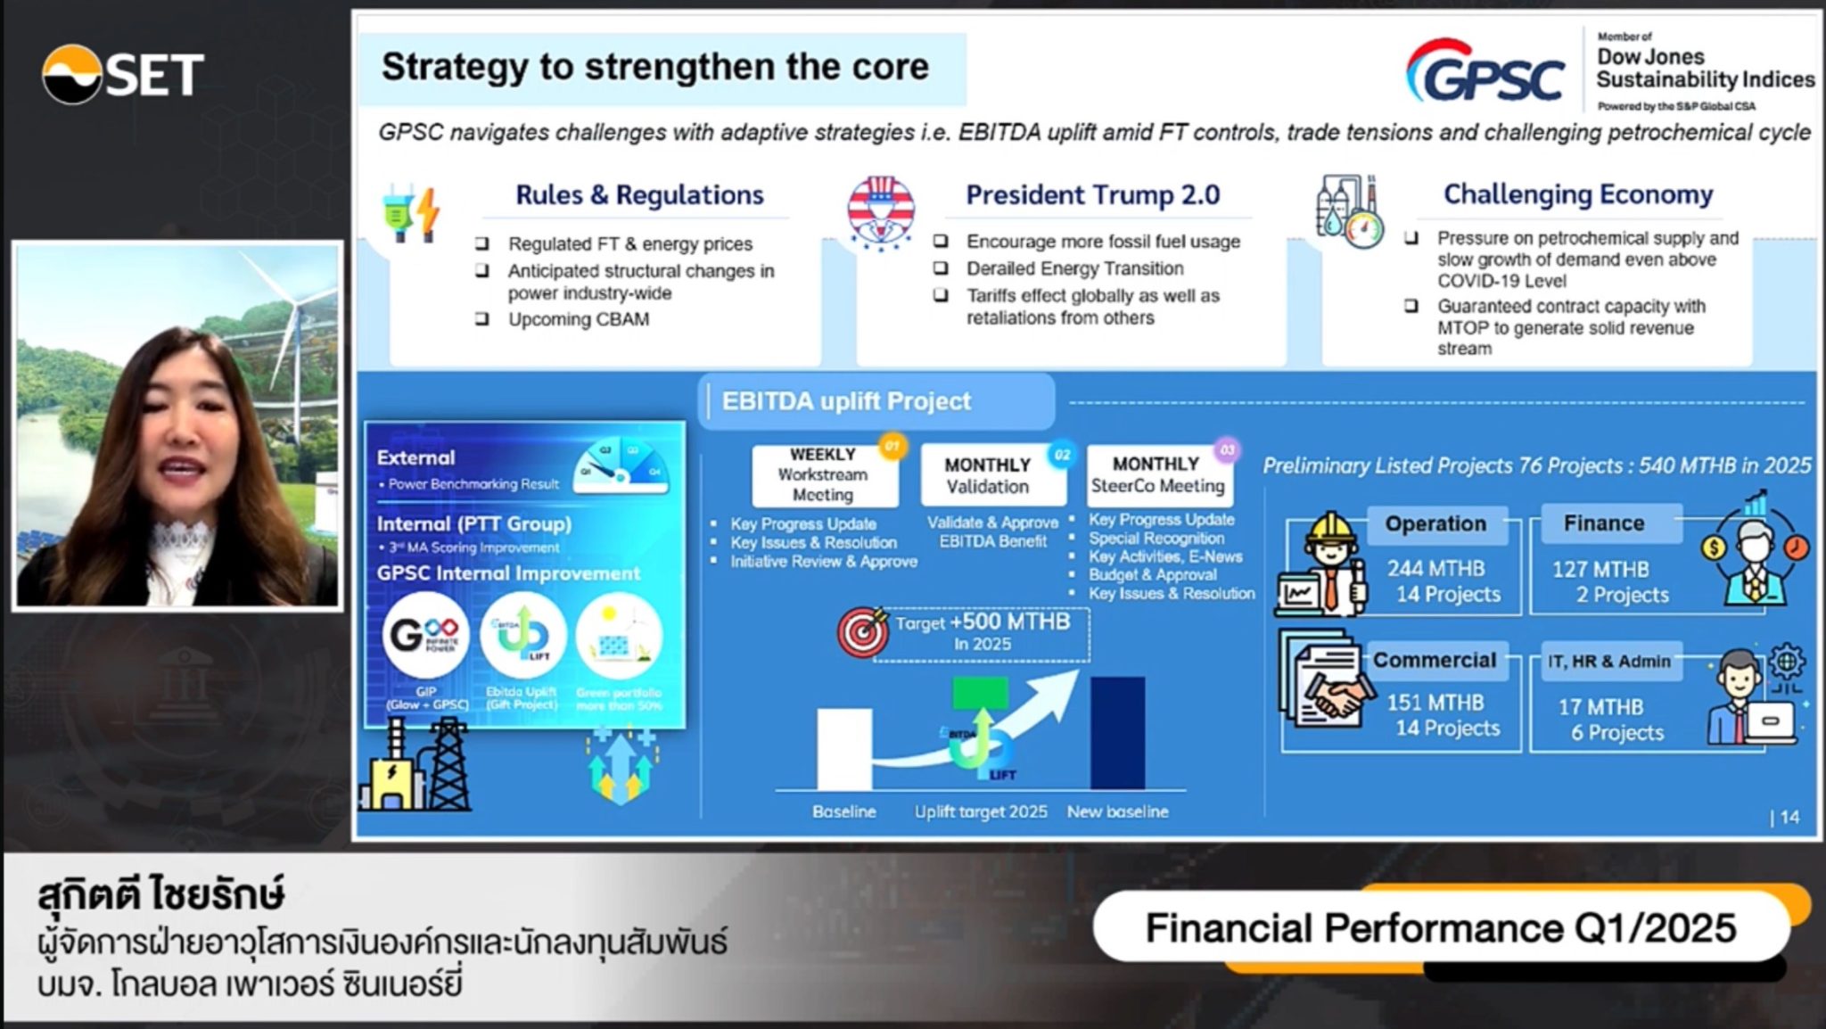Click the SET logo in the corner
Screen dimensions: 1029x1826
coord(122,74)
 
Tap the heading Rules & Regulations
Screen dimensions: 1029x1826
coord(639,194)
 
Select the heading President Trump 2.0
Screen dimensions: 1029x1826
coord(1092,194)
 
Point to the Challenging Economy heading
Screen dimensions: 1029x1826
coord(1577,193)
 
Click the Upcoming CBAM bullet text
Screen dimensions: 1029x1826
coord(578,319)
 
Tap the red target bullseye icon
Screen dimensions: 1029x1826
coord(862,632)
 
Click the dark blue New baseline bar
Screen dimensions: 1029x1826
coord(1117,732)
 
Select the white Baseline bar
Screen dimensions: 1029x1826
coord(843,748)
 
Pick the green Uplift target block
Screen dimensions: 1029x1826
coord(980,692)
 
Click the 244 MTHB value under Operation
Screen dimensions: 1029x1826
coord(1435,568)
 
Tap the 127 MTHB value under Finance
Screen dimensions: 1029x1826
coord(1600,569)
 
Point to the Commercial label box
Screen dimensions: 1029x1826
coord(1434,660)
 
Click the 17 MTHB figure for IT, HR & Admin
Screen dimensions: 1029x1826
coord(1600,707)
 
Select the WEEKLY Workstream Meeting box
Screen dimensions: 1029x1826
coord(823,474)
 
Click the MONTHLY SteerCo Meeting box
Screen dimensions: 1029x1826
coord(1156,474)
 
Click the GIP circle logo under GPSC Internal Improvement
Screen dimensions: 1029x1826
coord(425,635)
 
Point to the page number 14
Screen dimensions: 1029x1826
coord(1789,817)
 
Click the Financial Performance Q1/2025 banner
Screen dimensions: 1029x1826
coord(1440,927)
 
